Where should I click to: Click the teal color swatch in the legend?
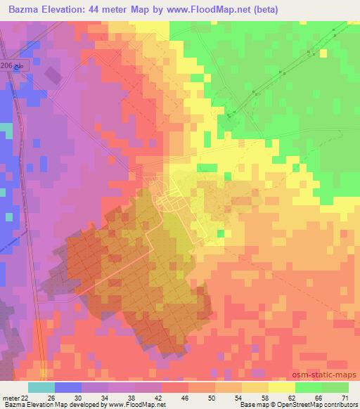tap(41, 387)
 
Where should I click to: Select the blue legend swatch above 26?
tap(67, 387)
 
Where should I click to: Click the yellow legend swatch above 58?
tap(255, 387)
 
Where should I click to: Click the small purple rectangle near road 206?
tap(52, 73)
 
